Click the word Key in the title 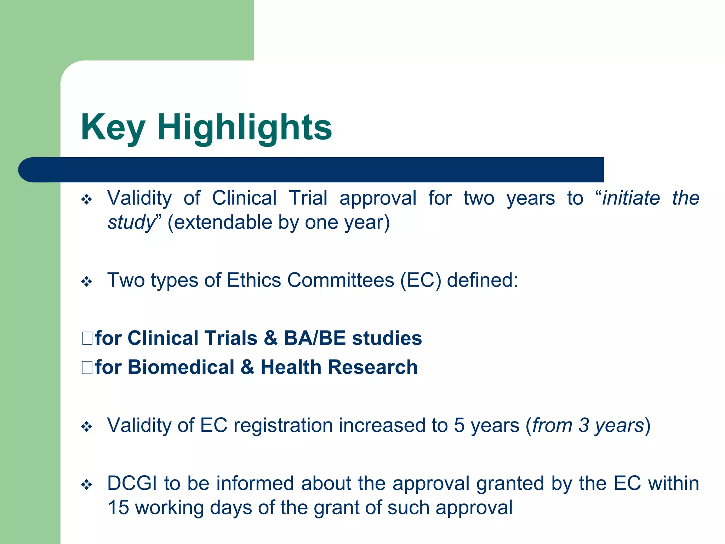point(113,127)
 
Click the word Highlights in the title point(244,127)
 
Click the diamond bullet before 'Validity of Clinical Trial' point(87,199)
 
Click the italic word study point(131,222)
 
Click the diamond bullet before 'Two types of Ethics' point(87,282)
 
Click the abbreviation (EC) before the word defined point(421,280)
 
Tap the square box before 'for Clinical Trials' point(87,338)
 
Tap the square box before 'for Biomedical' point(87,367)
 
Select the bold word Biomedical point(181,367)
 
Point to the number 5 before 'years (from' point(459,425)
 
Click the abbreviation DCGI point(132,483)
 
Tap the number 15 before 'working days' point(118,508)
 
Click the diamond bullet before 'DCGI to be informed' point(87,484)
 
